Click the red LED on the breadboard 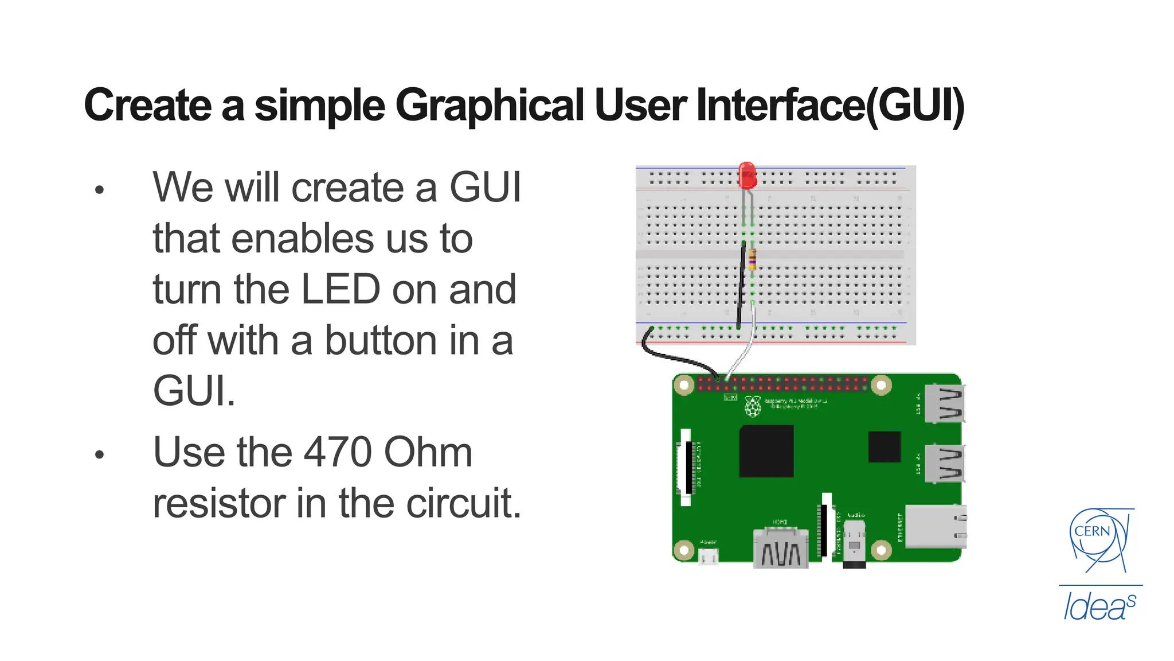tap(747, 176)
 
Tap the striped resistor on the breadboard tap(752, 259)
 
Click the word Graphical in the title tap(490, 106)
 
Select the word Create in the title tap(147, 106)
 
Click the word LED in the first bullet tap(340, 289)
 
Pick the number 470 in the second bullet tap(338, 453)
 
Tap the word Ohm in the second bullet tap(428, 453)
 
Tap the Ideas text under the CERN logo tap(1099, 607)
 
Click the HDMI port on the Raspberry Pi tap(780, 549)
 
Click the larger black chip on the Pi tap(766, 451)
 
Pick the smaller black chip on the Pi tap(884, 447)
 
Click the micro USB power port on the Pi tap(709, 555)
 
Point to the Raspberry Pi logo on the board tap(752, 406)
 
